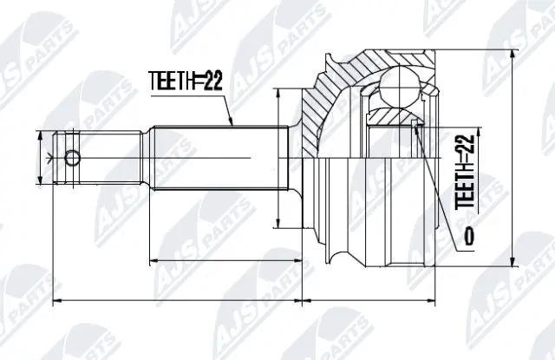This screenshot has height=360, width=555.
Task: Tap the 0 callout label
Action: coord(469,235)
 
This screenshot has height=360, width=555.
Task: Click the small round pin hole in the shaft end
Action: coord(73,158)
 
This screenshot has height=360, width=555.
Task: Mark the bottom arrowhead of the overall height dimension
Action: coord(517,263)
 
